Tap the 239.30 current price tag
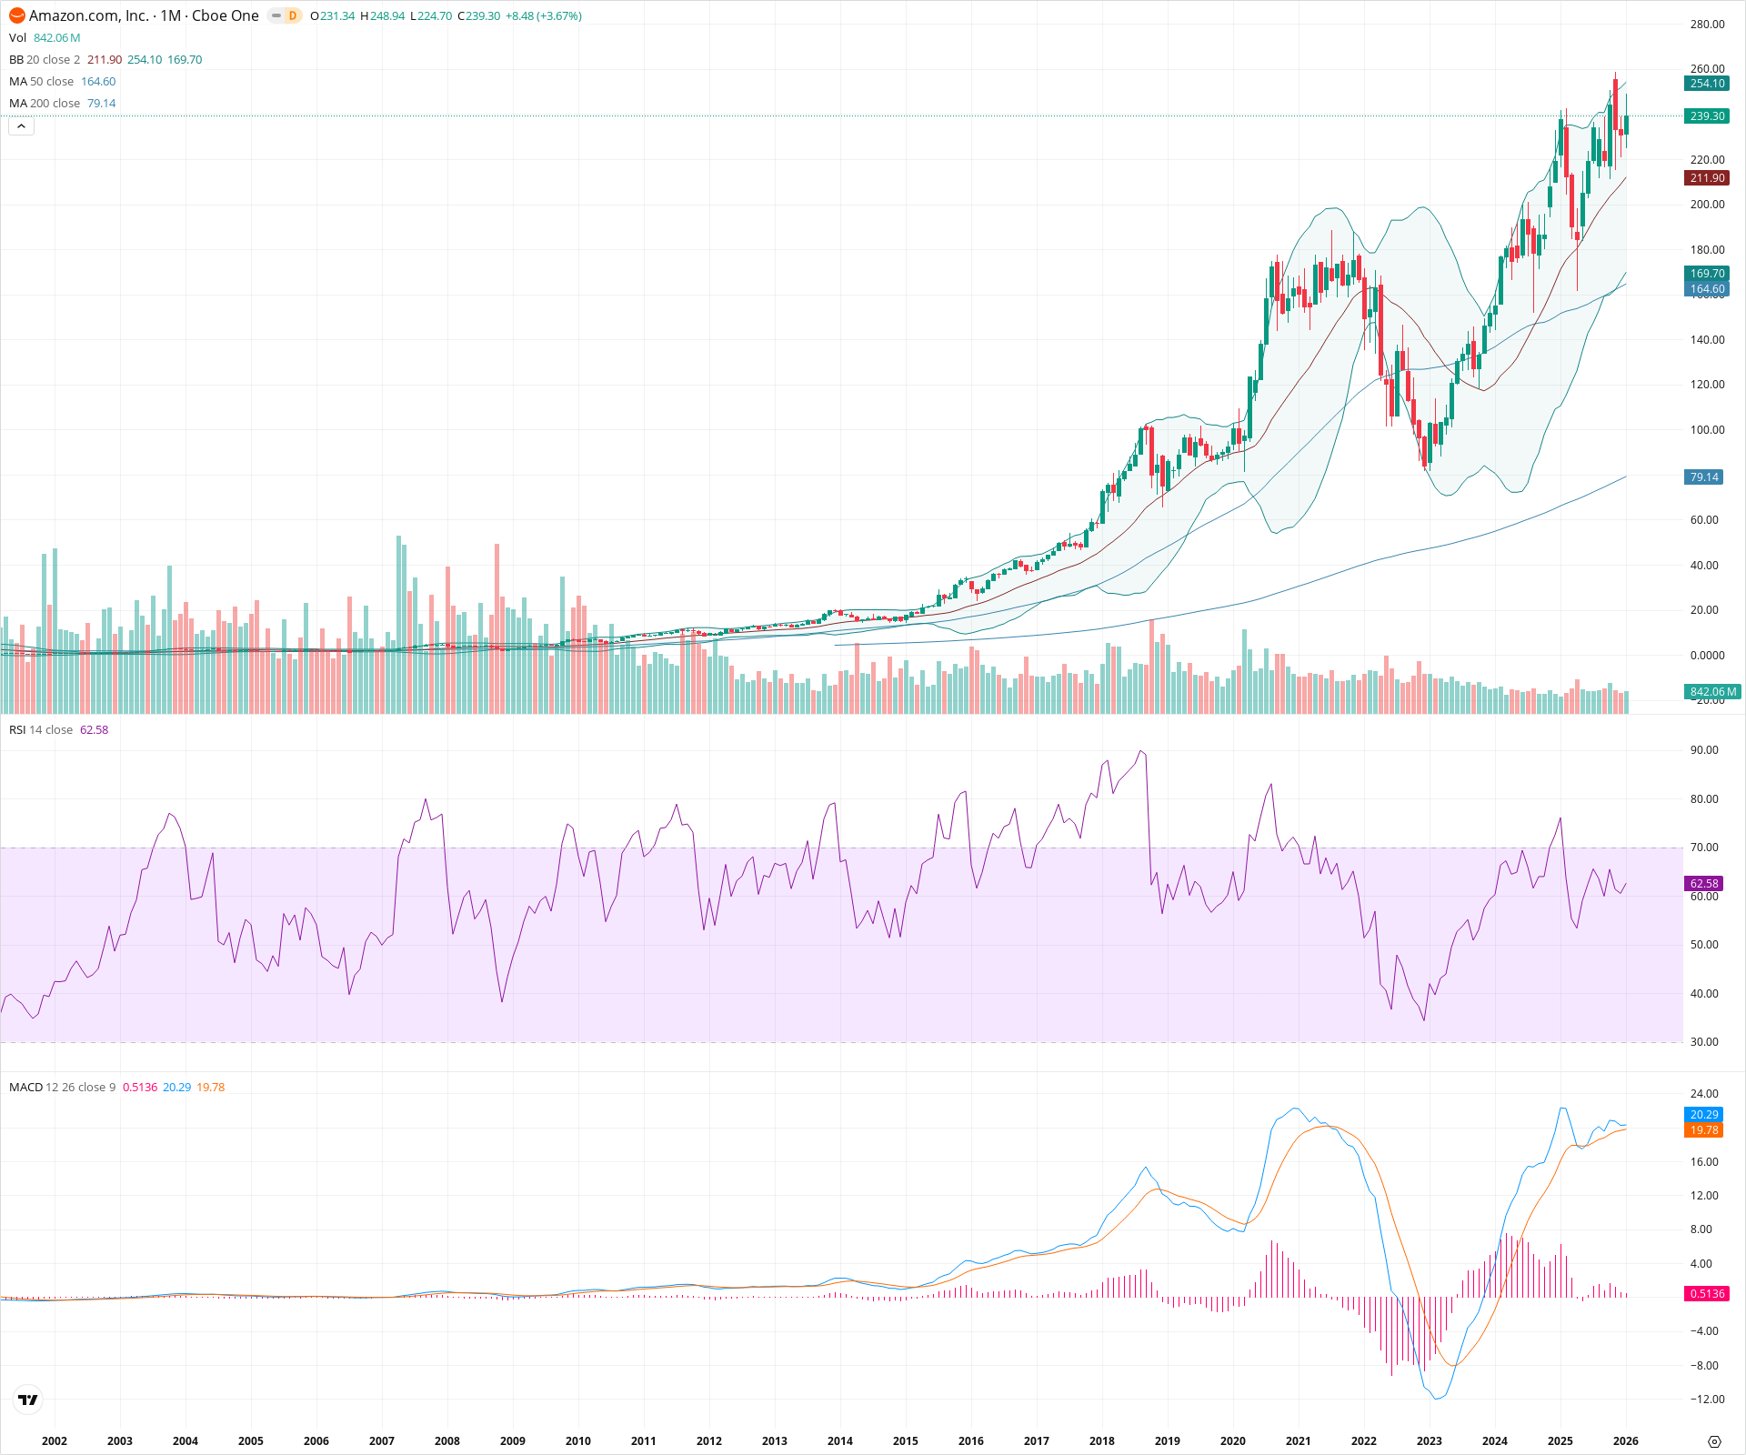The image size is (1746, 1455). pos(1707,116)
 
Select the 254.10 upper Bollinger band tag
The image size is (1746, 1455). pos(1707,84)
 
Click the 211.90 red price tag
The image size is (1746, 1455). pos(1707,178)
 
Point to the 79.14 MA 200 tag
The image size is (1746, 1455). pos(1703,477)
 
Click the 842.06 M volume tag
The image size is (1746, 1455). pos(1712,692)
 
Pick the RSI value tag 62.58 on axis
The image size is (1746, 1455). pos(1703,884)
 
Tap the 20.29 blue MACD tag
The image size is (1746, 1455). pos(1703,1115)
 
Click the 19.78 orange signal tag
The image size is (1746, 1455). pos(1703,1130)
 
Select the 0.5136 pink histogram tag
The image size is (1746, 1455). pos(1707,1294)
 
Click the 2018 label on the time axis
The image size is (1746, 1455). pos(1101,1441)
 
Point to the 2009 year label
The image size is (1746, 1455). pos(512,1441)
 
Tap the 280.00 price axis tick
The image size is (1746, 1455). pos(1707,25)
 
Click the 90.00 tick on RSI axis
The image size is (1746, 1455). pos(1703,750)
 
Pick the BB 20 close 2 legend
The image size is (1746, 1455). pos(45,60)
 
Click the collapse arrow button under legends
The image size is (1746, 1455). pos(21,126)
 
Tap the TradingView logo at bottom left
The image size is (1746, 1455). pos(28,1400)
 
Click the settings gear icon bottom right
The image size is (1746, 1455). pos(1714,1441)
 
